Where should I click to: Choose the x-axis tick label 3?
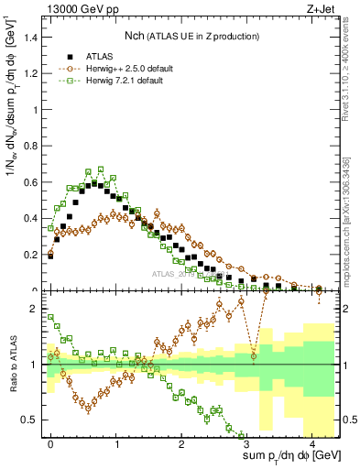246,441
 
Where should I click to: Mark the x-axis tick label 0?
50,441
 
